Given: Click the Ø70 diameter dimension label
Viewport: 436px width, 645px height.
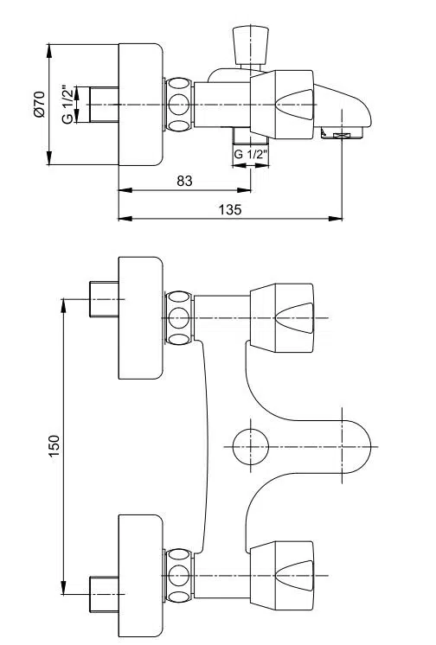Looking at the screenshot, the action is tap(40, 104).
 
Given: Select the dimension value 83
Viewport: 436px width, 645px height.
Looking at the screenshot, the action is tap(184, 181).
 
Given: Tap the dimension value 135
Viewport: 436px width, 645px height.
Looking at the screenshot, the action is tap(230, 209).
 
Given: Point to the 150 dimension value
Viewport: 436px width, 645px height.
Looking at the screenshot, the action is tap(54, 445).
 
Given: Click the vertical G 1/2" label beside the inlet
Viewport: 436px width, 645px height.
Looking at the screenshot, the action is tap(68, 105).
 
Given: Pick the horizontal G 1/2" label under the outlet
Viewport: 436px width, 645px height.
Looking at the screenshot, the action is tap(251, 154).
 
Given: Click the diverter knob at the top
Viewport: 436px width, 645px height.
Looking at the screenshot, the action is tap(250, 44).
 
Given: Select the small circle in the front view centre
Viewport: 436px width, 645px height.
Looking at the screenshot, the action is tap(251, 447).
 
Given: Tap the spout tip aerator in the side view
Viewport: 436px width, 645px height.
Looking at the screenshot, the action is tap(342, 134).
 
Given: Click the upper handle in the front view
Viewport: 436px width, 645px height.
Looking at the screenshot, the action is tap(282, 318).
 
